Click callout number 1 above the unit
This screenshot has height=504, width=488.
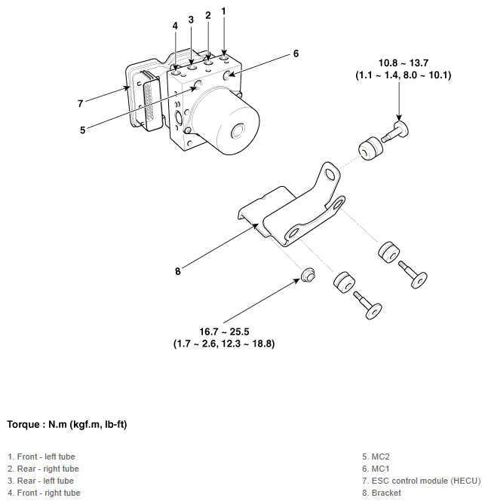click(223, 11)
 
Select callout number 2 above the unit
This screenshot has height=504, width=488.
click(207, 15)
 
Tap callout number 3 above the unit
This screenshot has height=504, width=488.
click(191, 20)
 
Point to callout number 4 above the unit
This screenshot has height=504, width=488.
click(175, 26)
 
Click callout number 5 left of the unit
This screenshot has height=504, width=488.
click(82, 130)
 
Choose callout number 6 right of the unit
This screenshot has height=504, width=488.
click(296, 53)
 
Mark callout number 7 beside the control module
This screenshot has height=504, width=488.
click(80, 103)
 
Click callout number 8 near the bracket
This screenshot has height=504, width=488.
click(178, 271)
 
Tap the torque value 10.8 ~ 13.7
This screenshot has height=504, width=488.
click(403, 63)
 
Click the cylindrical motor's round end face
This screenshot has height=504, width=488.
click(241, 132)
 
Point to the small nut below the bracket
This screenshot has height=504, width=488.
click(307, 275)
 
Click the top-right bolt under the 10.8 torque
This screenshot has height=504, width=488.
click(397, 132)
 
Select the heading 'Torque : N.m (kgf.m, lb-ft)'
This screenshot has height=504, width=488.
click(67, 425)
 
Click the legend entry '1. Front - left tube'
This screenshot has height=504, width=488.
click(41, 457)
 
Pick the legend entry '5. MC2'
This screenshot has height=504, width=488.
click(376, 457)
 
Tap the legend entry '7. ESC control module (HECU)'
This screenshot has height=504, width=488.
click(421, 481)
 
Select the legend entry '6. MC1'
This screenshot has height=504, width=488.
click(376, 469)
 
